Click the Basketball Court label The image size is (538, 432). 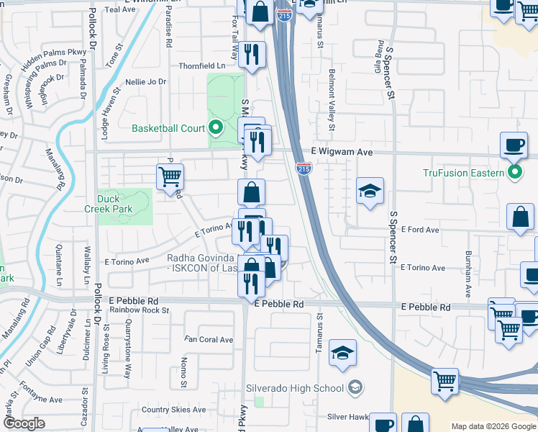pos(168,129)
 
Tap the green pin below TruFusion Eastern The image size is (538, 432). pos(515,173)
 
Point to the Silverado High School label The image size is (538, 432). pos(296,388)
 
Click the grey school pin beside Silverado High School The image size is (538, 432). pos(355,388)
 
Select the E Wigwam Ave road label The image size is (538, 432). pos(342,153)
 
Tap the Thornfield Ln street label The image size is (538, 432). pos(202,66)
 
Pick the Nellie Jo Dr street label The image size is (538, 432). pos(146,81)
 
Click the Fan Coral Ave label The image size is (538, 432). pos(209,339)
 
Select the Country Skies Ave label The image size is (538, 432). pos(167,410)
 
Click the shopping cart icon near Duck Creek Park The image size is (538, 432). pos(170,176)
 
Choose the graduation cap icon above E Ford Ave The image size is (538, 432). pos(370,191)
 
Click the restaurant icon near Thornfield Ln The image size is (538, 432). pos(252,55)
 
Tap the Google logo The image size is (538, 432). pos(24,423)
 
